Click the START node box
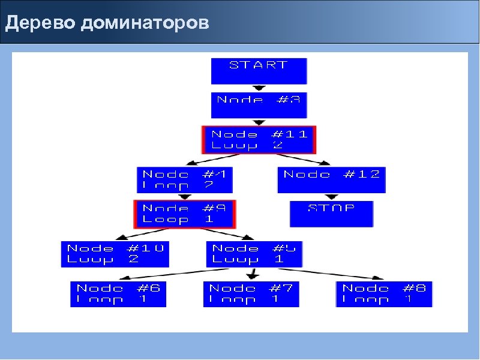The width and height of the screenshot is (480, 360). click(259, 71)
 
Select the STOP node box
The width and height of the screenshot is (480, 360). click(331, 214)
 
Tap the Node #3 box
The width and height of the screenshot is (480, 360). click(259, 105)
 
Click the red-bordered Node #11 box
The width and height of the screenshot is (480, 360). click(259, 140)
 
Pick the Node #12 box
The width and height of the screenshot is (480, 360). click(331, 179)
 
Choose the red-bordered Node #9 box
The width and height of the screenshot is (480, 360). click(184, 214)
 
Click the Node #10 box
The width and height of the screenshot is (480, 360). click(115, 254)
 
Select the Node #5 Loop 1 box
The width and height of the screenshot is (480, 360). click(254, 254)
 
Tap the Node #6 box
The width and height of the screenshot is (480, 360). click(118, 294)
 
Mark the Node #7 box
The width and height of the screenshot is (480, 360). click(251, 294)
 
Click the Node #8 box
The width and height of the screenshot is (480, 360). click(384, 294)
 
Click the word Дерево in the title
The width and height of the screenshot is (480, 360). click(38, 23)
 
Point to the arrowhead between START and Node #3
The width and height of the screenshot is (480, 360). click(259, 88)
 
